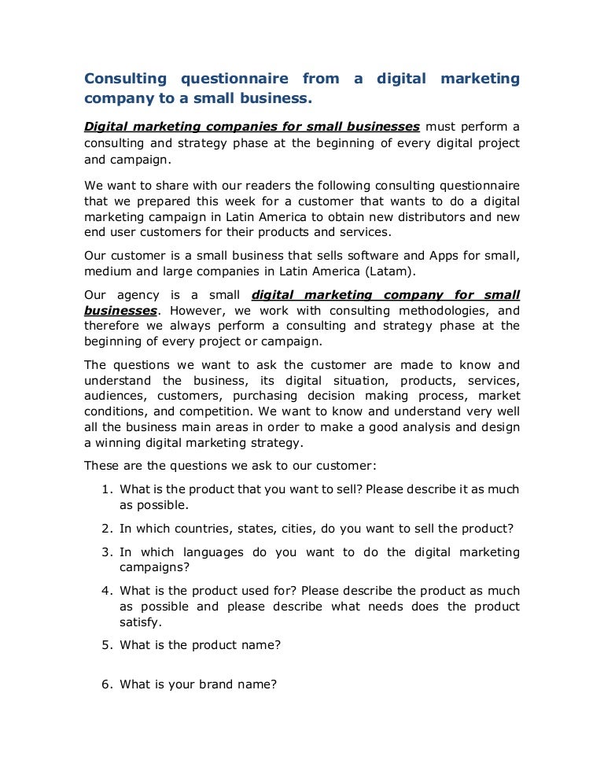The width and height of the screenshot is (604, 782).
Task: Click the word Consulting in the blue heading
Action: pyautogui.click(x=125, y=79)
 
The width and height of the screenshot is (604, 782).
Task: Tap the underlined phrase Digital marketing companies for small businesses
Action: pyautogui.click(x=252, y=126)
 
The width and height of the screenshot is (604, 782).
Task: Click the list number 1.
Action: pyautogui.click(x=106, y=489)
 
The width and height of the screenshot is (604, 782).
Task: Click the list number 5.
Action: pyautogui.click(x=106, y=645)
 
